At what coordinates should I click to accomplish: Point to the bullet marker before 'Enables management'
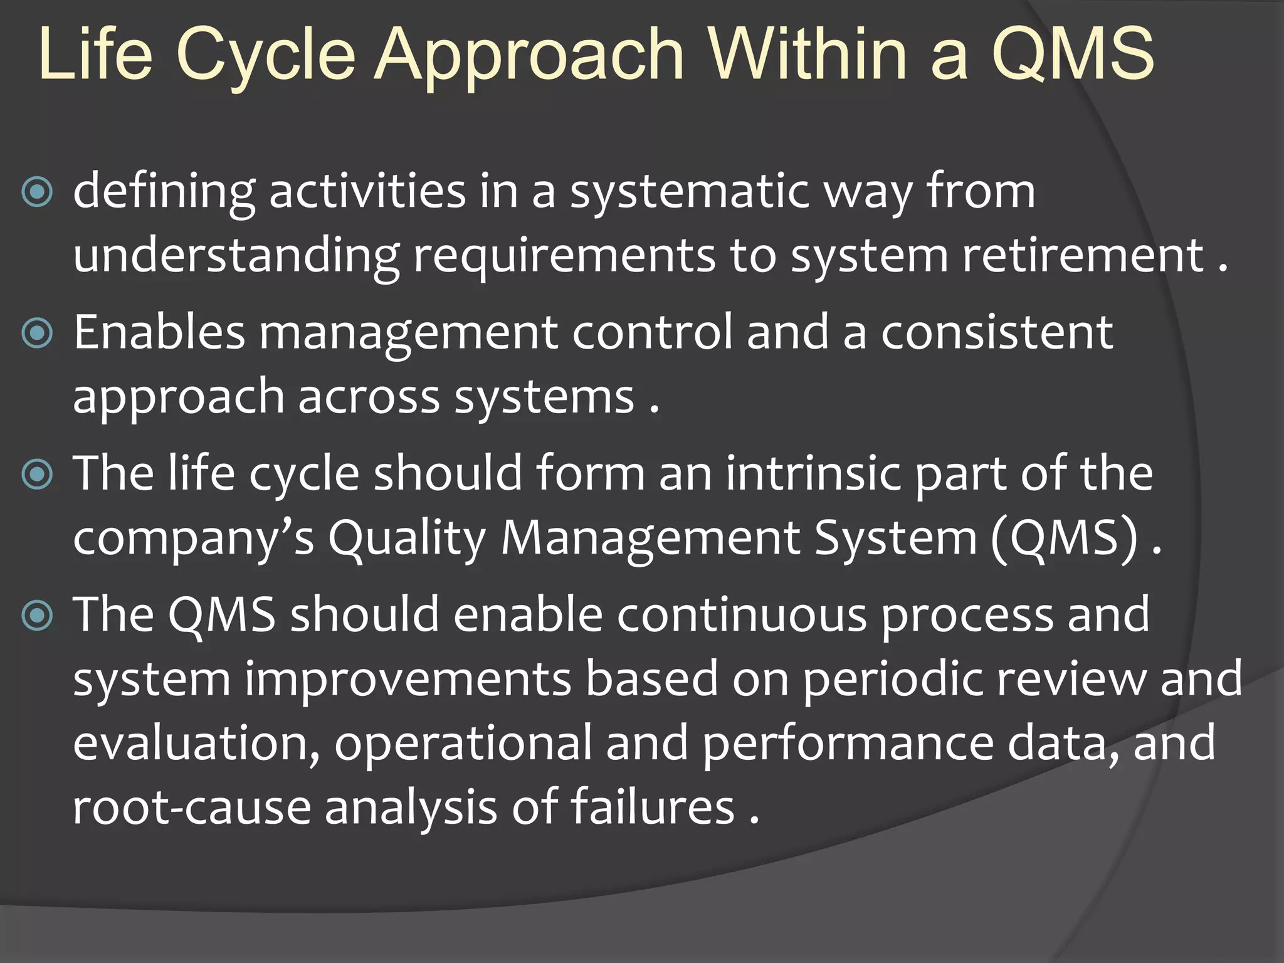pos(37,333)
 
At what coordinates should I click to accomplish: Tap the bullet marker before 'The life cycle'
pos(37,475)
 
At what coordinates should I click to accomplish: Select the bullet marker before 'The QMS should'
pos(37,616)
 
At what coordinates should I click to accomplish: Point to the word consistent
pos(997,332)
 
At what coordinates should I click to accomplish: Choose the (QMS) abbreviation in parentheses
pos(1064,538)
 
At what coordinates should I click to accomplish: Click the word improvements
pos(408,680)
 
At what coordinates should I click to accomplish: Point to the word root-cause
pos(192,808)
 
